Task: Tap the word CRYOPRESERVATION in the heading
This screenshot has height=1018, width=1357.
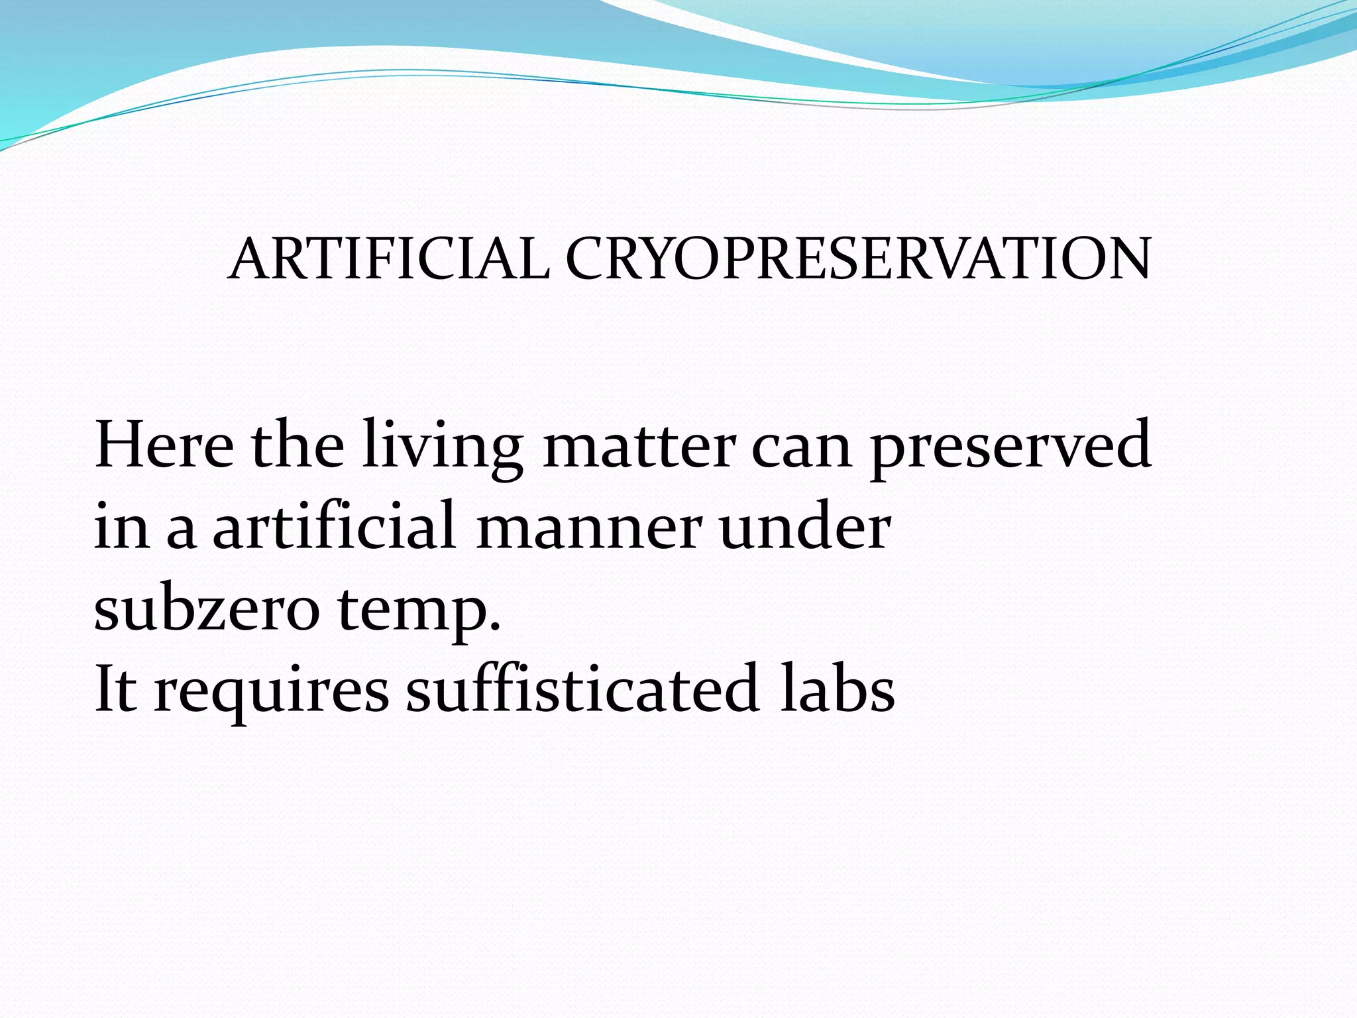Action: (x=858, y=259)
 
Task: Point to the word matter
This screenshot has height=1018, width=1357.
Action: (x=639, y=445)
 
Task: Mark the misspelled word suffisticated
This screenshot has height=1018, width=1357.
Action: (x=582, y=689)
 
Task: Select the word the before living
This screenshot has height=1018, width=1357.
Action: (x=298, y=445)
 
